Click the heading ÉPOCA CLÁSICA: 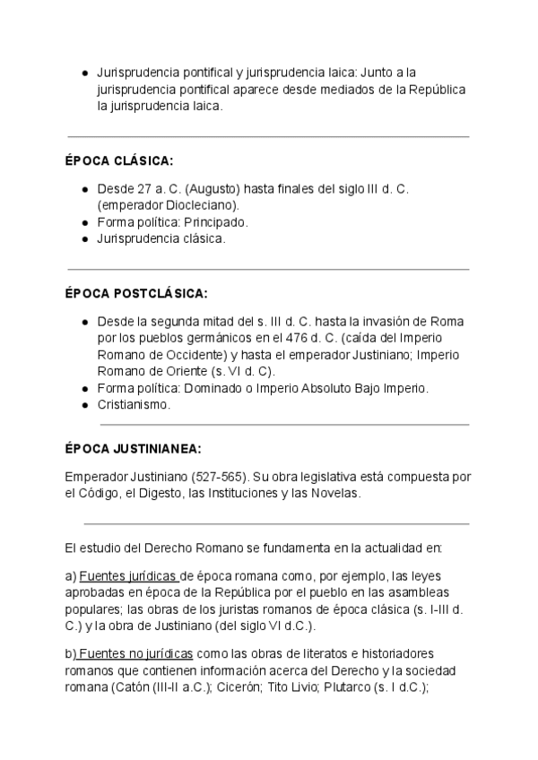119,160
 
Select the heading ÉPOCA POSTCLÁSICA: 136,293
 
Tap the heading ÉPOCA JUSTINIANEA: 134,448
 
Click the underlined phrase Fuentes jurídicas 129,574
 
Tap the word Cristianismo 134,404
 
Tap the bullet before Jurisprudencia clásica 83,239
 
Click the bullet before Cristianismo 83,405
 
